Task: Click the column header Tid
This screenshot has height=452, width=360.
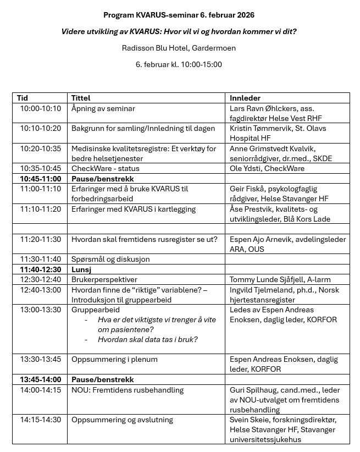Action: pyautogui.click(x=23, y=98)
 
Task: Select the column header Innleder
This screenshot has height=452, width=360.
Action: pyautogui.click(x=245, y=98)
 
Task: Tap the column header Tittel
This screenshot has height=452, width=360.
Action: pyautogui.click(x=81, y=98)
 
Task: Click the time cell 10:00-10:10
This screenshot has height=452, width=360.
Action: pyautogui.click(x=41, y=108)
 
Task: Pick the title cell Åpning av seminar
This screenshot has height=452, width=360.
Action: pyautogui.click(x=103, y=108)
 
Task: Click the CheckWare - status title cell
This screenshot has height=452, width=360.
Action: pyautogui.click(x=106, y=168)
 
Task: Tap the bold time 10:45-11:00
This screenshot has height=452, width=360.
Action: pyautogui.click(x=41, y=179)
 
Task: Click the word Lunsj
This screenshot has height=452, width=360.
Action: pyautogui.click(x=81, y=269)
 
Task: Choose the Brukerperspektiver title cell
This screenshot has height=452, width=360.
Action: pyautogui.click(x=104, y=279)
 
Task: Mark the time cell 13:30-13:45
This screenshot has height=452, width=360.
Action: pyautogui.click(x=41, y=359)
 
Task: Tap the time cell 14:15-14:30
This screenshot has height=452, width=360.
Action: pyautogui.click(x=41, y=420)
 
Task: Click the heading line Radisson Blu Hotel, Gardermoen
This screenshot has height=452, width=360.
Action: pyautogui.click(x=179, y=48)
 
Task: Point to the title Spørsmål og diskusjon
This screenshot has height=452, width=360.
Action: pyautogui.click(x=110, y=259)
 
